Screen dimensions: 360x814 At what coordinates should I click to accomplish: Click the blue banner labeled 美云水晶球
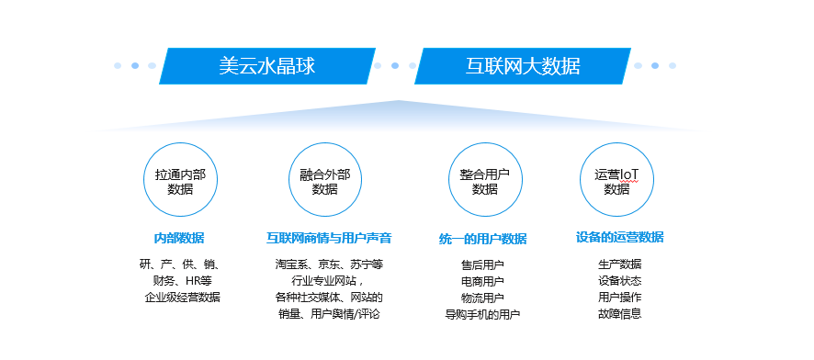[x=267, y=66]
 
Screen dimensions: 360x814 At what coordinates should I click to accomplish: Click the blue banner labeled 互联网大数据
[x=522, y=66]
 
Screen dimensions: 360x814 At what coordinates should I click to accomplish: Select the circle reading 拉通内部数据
[x=180, y=181]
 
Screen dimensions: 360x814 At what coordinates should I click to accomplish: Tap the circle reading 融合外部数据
[x=324, y=181]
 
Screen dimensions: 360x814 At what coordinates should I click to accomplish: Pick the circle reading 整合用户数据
[x=484, y=181]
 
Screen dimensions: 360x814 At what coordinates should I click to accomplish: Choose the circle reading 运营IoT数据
[x=616, y=181]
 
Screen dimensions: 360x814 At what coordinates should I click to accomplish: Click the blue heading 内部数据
[x=179, y=238]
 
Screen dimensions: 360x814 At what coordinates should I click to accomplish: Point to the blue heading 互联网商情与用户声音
[x=329, y=238]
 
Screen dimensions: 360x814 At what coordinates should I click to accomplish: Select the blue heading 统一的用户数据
[x=482, y=239]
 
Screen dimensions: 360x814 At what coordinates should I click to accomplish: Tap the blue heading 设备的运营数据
[x=619, y=237]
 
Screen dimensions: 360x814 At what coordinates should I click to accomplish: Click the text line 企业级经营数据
[x=182, y=298]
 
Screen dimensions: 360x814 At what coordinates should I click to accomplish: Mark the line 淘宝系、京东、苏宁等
[x=328, y=264]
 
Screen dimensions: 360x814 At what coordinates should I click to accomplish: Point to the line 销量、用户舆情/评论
[x=328, y=314]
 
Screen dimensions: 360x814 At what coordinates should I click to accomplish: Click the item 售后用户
[x=482, y=264]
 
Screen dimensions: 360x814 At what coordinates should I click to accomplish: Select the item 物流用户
[x=482, y=298]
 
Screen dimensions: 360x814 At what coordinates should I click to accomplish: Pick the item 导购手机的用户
[x=482, y=314]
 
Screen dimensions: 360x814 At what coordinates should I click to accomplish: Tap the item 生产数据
[x=619, y=264]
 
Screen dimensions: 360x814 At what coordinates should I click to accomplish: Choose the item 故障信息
[x=619, y=314]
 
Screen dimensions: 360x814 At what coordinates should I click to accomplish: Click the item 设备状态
[x=619, y=281]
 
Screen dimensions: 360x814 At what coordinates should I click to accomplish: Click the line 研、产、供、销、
[x=179, y=264]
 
